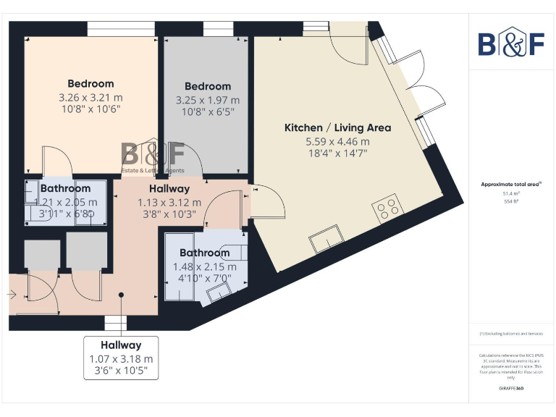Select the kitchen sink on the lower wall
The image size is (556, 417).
324,240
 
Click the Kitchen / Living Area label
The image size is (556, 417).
337,127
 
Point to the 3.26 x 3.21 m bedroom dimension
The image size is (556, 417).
90,97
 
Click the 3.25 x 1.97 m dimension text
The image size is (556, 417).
208,100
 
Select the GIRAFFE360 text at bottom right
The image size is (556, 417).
511,389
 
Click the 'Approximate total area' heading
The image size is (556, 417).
510,185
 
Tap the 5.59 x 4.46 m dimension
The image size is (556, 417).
337,141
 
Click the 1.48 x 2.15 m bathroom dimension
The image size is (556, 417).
205,266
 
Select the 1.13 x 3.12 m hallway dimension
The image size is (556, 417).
169,203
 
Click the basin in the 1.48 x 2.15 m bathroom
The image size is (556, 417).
216,293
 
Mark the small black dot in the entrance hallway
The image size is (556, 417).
122,294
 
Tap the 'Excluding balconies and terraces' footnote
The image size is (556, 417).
511,333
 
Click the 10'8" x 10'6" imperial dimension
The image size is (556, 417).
90,109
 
